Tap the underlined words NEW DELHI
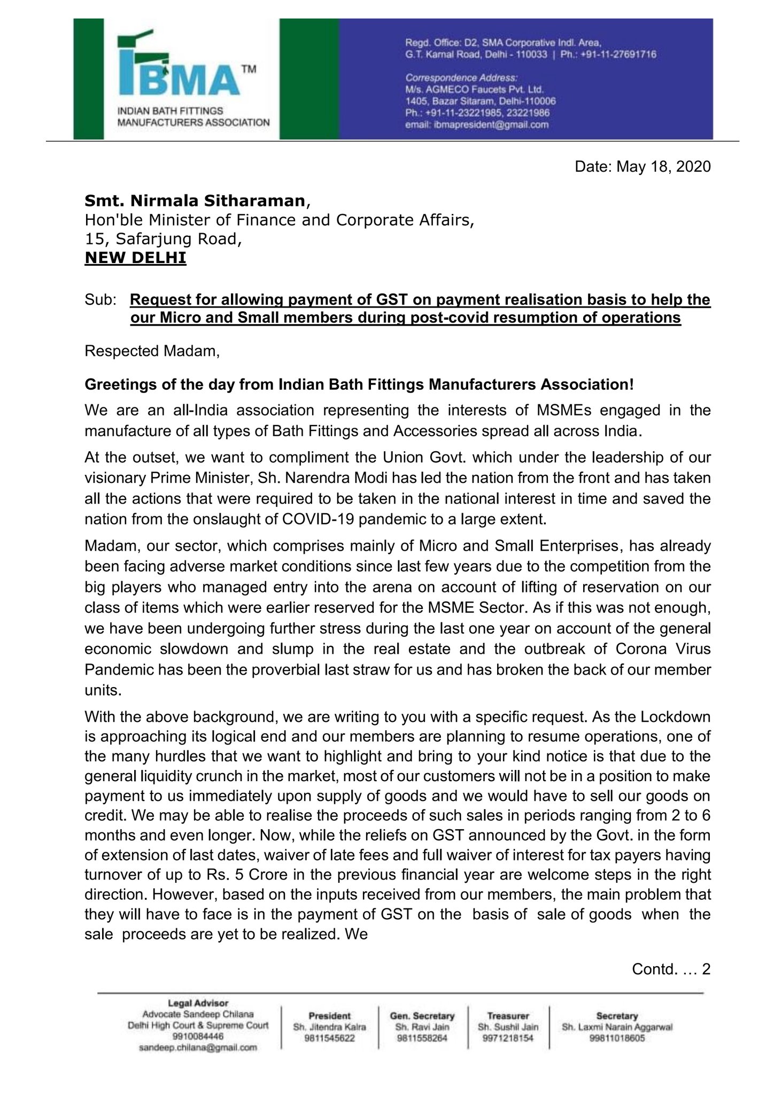tap(135, 258)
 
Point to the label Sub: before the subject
tap(100, 300)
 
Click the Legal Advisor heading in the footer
tap(198, 1004)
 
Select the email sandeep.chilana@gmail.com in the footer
tap(198, 1048)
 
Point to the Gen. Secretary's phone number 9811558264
tap(422, 1038)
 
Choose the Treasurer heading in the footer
tap(508, 1016)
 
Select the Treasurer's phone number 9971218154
tap(508, 1038)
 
